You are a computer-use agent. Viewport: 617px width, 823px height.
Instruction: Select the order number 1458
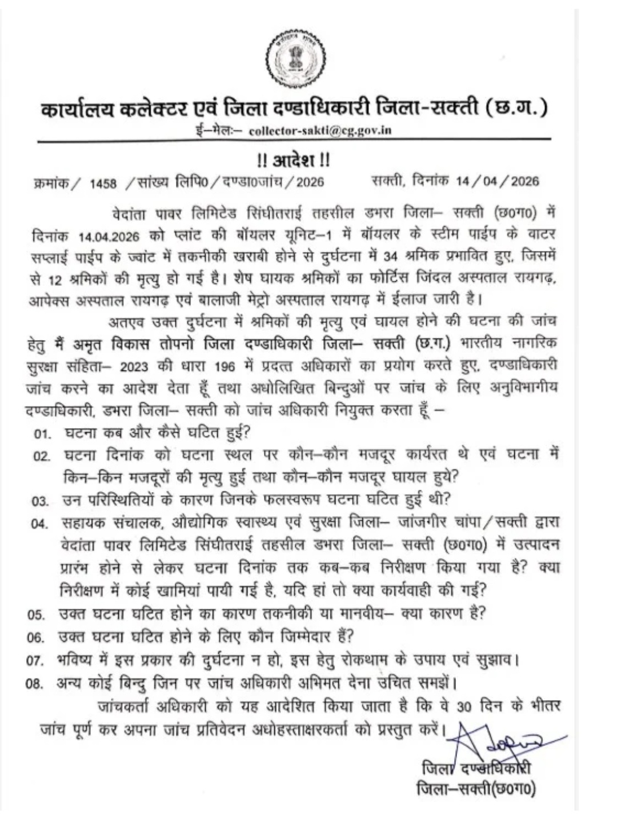coord(103,183)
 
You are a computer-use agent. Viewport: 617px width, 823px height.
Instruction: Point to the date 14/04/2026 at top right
coord(497,182)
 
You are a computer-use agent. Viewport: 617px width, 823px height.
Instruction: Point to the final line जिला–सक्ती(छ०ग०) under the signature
coord(476,789)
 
